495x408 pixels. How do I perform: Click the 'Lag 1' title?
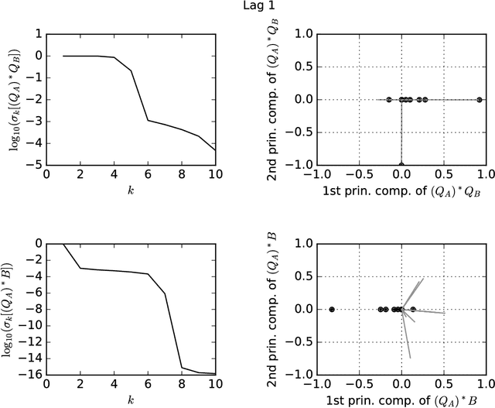[x=247, y=7]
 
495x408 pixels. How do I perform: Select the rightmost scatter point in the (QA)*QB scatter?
[x=480, y=99]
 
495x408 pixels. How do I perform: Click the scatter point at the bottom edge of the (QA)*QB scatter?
[x=401, y=164]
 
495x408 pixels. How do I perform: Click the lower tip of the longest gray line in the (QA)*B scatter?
[x=409, y=358]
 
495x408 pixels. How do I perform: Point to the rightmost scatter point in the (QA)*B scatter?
[x=413, y=309]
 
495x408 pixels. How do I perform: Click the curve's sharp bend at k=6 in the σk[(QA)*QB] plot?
[x=148, y=120]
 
